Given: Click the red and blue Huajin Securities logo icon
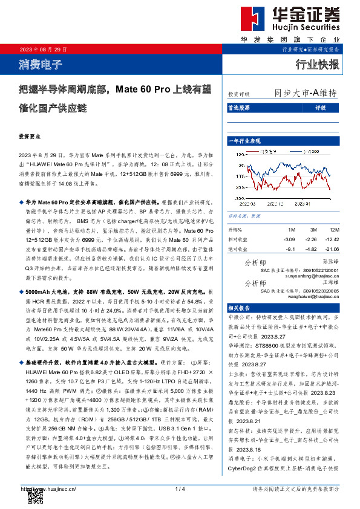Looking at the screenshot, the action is point(250,20).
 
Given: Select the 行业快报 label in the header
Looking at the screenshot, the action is point(317,65).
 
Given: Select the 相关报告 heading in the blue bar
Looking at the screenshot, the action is point(238,308).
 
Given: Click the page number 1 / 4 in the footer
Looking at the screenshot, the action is point(179,488).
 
